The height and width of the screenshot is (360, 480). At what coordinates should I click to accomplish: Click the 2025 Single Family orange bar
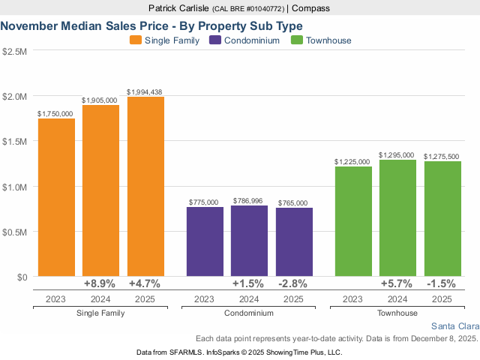(x=145, y=187)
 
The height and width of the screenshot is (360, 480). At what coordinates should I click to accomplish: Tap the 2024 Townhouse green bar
(x=397, y=218)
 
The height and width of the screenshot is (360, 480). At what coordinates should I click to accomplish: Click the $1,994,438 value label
(x=145, y=92)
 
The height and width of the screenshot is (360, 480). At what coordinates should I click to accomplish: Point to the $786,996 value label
(x=249, y=201)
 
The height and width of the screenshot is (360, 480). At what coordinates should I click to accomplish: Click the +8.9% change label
(x=100, y=284)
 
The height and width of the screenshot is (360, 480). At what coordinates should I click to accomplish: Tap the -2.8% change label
(x=293, y=284)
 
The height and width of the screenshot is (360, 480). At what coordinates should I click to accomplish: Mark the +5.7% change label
(x=397, y=284)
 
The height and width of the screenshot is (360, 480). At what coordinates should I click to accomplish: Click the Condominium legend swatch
(x=217, y=40)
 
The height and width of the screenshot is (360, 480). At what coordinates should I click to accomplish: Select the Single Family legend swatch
(x=136, y=40)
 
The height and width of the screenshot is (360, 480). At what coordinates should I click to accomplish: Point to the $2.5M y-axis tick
(x=14, y=52)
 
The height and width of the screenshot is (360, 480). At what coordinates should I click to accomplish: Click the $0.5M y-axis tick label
(x=14, y=232)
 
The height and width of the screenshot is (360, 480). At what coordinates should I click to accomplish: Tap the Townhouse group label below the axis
(x=397, y=312)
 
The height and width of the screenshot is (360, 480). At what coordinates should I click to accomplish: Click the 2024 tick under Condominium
(x=249, y=298)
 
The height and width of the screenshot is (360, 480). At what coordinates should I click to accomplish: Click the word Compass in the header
(x=311, y=8)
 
